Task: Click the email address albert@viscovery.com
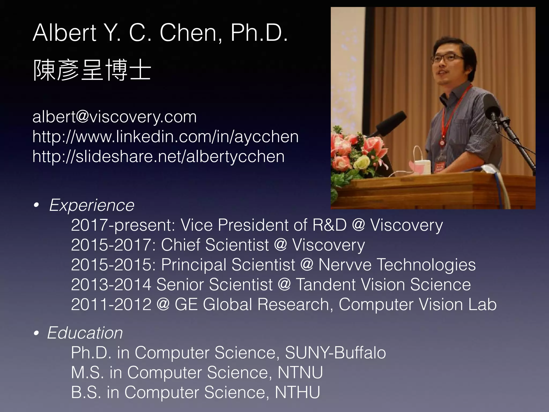click(x=114, y=117)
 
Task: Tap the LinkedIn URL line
click(x=165, y=137)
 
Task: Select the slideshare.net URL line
click(x=158, y=156)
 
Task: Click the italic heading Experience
click(x=92, y=205)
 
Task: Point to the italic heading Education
click(x=85, y=333)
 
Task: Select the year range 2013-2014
click(x=111, y=285)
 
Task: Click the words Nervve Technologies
click(x=397, y=265)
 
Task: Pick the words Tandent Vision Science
click(x=383, y=285)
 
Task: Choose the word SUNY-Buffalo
click(x=335, y=353)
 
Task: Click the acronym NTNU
click(x=300, y=373)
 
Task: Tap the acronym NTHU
click(x=298, y=392)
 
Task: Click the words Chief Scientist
click(x=215, y=245)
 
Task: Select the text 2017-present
click(x=123, y=225)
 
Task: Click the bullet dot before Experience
click(x=36, y=206)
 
